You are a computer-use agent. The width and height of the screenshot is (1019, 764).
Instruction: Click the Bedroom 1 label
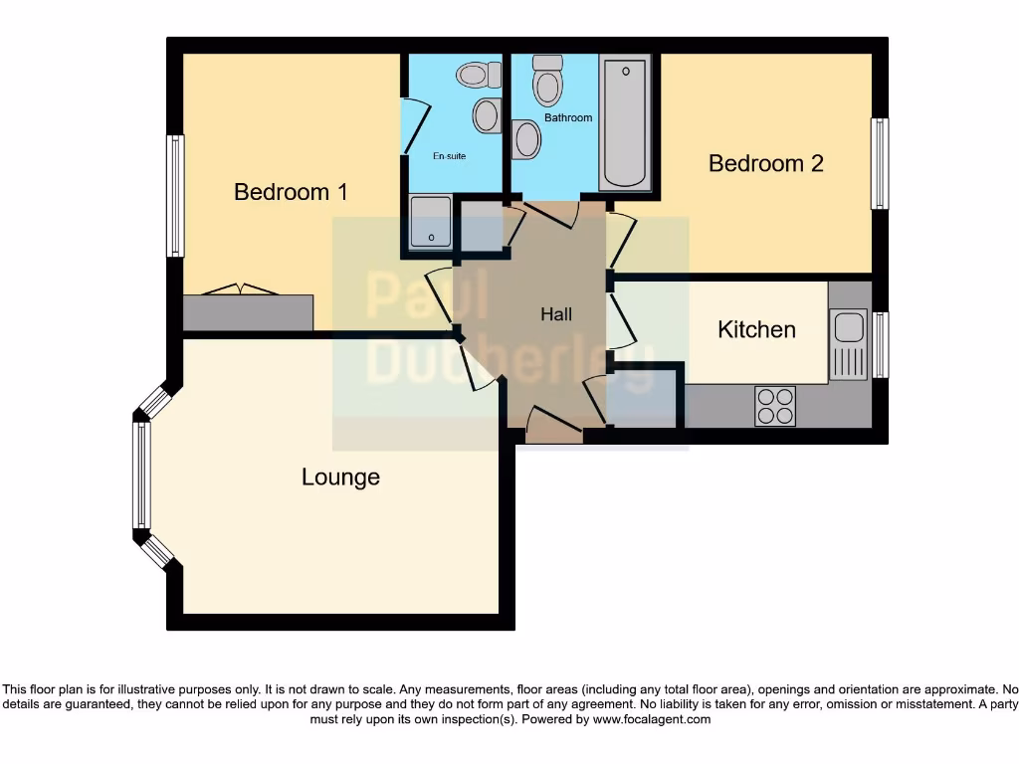tap(291, 192)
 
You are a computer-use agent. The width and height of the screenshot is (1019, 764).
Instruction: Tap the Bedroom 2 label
tap(765, 163)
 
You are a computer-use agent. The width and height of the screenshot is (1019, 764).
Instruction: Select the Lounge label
tap(340, 477)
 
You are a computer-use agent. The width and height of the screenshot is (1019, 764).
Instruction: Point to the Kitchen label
tap(756, 329)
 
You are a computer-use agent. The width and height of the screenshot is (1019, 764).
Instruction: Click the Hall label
tap(556, 314)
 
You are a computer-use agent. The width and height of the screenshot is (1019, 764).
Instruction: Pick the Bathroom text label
tap(568, 117)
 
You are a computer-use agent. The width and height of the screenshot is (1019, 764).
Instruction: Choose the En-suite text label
tap(449, 156)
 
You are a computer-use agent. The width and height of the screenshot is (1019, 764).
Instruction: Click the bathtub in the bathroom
tap(626, 122)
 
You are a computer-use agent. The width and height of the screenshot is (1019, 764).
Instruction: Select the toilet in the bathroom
tap(547, 81)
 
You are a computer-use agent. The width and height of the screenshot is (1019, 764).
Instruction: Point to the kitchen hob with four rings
tap(775, 405)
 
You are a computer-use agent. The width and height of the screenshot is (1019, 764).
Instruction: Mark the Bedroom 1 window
tap(175, 196)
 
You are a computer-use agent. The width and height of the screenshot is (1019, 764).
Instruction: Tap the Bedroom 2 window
tap(880, 164)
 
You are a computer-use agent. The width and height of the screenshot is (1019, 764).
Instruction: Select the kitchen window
tap(880, 344)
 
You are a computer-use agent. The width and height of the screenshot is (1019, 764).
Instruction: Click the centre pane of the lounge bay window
tap(142, 475)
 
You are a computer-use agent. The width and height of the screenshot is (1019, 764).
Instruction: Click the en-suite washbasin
tap(486, 114)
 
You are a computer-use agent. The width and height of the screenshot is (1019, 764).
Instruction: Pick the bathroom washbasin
tap(526, 139)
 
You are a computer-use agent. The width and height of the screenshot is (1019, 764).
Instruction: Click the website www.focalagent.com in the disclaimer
tap(652, 718)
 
